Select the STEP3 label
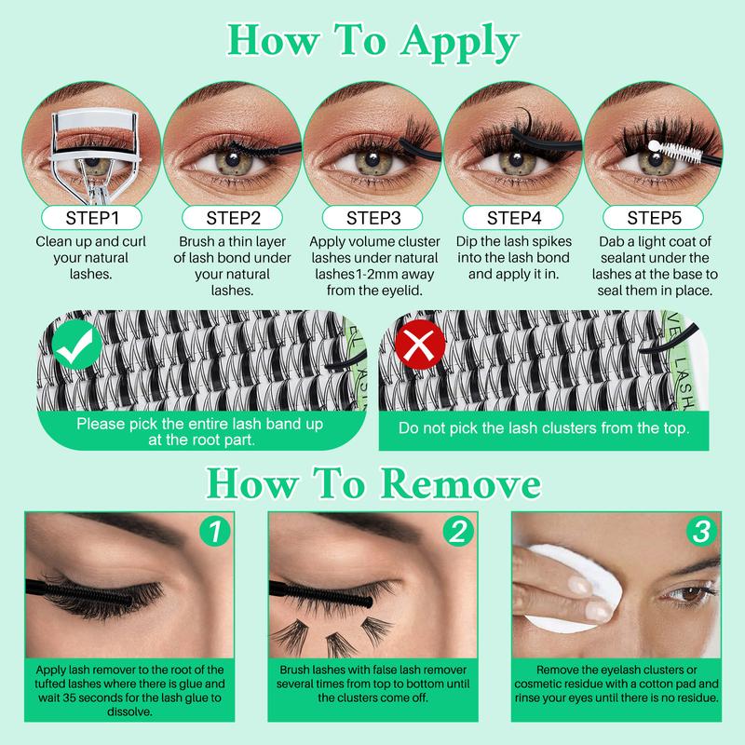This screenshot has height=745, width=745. coord(372,218)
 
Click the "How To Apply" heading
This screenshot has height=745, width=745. coord(372,42)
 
